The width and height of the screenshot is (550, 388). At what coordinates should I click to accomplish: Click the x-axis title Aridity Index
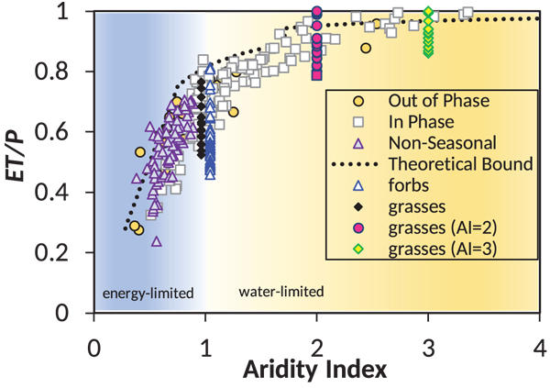316,370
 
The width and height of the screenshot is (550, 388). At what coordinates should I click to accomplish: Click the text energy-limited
148,294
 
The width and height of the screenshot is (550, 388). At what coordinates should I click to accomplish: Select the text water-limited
281,293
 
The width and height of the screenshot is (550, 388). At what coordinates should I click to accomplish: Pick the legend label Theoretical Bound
460,164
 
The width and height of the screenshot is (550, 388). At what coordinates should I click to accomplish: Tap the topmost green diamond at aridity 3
428,13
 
